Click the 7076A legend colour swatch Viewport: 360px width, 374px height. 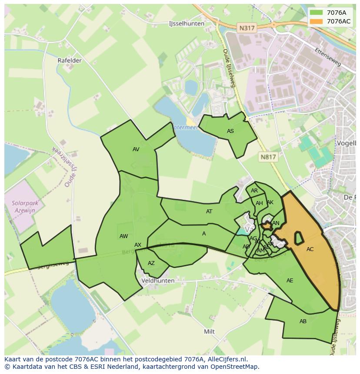(316, 13)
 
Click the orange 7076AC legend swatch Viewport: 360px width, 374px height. (316, 21)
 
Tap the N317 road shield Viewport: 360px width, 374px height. (247, 28)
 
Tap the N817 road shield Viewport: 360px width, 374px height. (268, 157)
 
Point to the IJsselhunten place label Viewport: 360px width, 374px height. (186, 24)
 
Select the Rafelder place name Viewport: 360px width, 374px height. (70, 60)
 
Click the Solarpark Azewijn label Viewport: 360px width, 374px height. (25, 206)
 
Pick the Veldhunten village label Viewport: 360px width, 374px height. (158, 281)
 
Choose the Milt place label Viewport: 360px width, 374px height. (210, 331)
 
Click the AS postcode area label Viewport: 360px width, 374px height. (230, 131)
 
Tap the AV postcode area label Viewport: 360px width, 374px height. (136, 149)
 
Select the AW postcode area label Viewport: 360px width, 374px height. (124, 236)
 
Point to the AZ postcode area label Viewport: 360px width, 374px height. (151, 263)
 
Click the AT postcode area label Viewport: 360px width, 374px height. (209, 212)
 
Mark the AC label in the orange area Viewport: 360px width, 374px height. (310, 249)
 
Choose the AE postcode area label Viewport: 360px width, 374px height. (290, 281)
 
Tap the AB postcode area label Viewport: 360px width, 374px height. (303, 321)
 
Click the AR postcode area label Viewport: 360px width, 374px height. (254, 191)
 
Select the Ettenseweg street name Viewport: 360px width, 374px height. (329, 57)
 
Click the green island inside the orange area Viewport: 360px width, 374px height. (299, 238)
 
